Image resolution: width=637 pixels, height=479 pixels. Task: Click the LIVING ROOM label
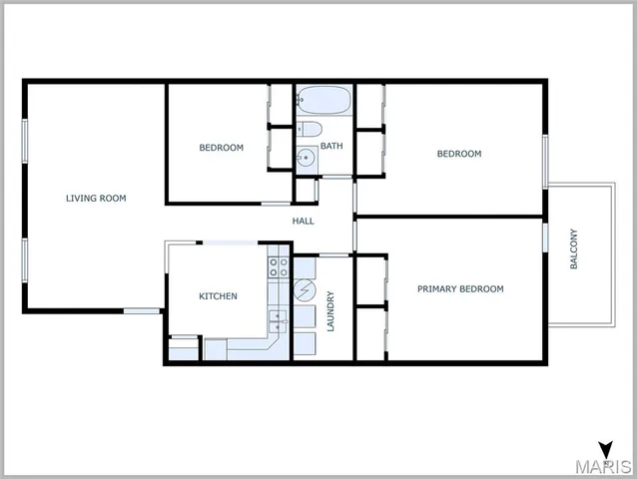point(96,199)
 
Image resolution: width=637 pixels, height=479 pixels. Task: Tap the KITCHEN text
point(218,296)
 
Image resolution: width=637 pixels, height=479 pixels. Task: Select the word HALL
point(304,221)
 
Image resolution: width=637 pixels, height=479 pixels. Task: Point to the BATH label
point(331,147)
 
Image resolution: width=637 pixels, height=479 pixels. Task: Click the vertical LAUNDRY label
point(330,309)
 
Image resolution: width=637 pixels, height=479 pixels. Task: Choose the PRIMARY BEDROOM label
point(459,289)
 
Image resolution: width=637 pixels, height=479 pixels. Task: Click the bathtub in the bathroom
point(322,101)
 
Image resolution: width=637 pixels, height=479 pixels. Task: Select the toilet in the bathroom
point(308,129)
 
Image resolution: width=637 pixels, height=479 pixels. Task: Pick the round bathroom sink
point(307,158)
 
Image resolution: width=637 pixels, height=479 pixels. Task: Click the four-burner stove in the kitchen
point(279,267)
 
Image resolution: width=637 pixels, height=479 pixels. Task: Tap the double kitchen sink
point(279,321)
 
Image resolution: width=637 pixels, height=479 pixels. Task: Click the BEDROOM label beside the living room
point(221,148)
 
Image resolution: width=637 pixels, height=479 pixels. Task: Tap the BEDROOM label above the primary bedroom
point(459,154)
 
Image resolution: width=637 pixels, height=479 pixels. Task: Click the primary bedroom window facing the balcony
point(546,237)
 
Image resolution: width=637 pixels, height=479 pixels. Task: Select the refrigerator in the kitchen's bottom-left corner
point(184,350)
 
